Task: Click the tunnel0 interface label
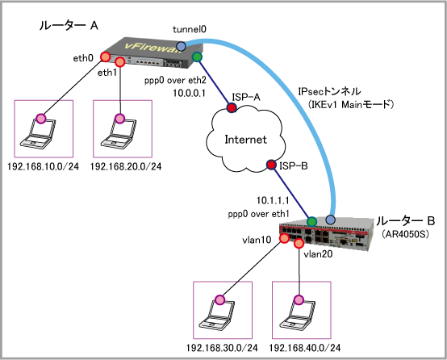[190, 29]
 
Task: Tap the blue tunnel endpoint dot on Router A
[181, 46]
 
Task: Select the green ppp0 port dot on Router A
[197, 57]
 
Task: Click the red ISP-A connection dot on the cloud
[232, 107]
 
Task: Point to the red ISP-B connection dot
[271, 165]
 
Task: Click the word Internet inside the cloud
[245, 140]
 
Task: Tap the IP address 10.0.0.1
[190, 93]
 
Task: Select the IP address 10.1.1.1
[273, 200]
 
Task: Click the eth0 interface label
[83, 58]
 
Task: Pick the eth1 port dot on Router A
[119, 61]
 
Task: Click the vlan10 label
[257, 241]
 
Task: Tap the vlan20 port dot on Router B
[299, 243]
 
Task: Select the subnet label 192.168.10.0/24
[43, 166]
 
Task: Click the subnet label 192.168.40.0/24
[305, 348]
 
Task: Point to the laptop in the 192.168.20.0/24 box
[119, 132]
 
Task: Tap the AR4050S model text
[405, 234]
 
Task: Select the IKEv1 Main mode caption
[351, 105]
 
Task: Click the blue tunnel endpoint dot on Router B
[330, 220]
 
